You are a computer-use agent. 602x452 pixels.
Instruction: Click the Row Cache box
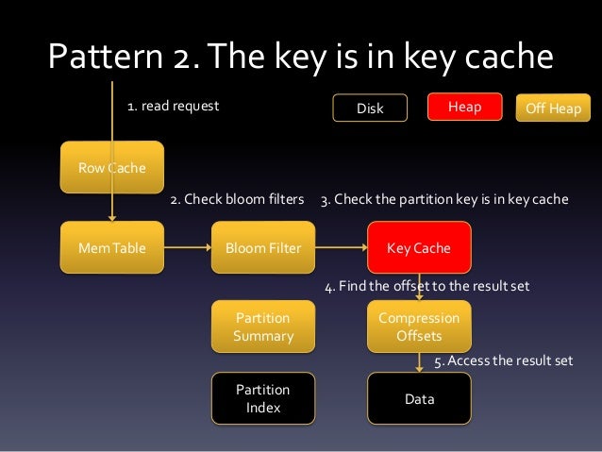(112, 167)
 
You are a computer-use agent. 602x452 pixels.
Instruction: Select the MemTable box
(112, 248)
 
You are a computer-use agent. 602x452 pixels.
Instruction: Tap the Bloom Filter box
(263, 248)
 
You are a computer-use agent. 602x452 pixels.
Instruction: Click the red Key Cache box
(419, 248)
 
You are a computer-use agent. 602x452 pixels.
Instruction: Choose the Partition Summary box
(263, 326)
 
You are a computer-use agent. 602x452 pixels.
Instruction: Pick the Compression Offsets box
(419, 326)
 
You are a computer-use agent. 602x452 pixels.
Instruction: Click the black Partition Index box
(263, 398)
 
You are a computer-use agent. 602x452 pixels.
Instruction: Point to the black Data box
(419, 399)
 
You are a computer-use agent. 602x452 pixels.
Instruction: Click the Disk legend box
(370, 109)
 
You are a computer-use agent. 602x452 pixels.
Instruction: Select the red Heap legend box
(464, 108)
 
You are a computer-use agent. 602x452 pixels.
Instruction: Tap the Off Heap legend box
(553, 109)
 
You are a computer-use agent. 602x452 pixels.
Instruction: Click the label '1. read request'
(173, 107)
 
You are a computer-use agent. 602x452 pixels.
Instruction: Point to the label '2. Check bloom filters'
(237, 200)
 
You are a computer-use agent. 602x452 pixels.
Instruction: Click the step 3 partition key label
(444, 200)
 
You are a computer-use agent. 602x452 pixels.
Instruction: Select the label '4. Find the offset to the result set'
(426, 286)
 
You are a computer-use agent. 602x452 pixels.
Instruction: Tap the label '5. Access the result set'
(503, 361)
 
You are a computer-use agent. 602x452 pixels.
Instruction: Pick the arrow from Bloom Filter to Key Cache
(341, 248)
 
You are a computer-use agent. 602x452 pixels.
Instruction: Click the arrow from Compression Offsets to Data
(419, 362)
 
